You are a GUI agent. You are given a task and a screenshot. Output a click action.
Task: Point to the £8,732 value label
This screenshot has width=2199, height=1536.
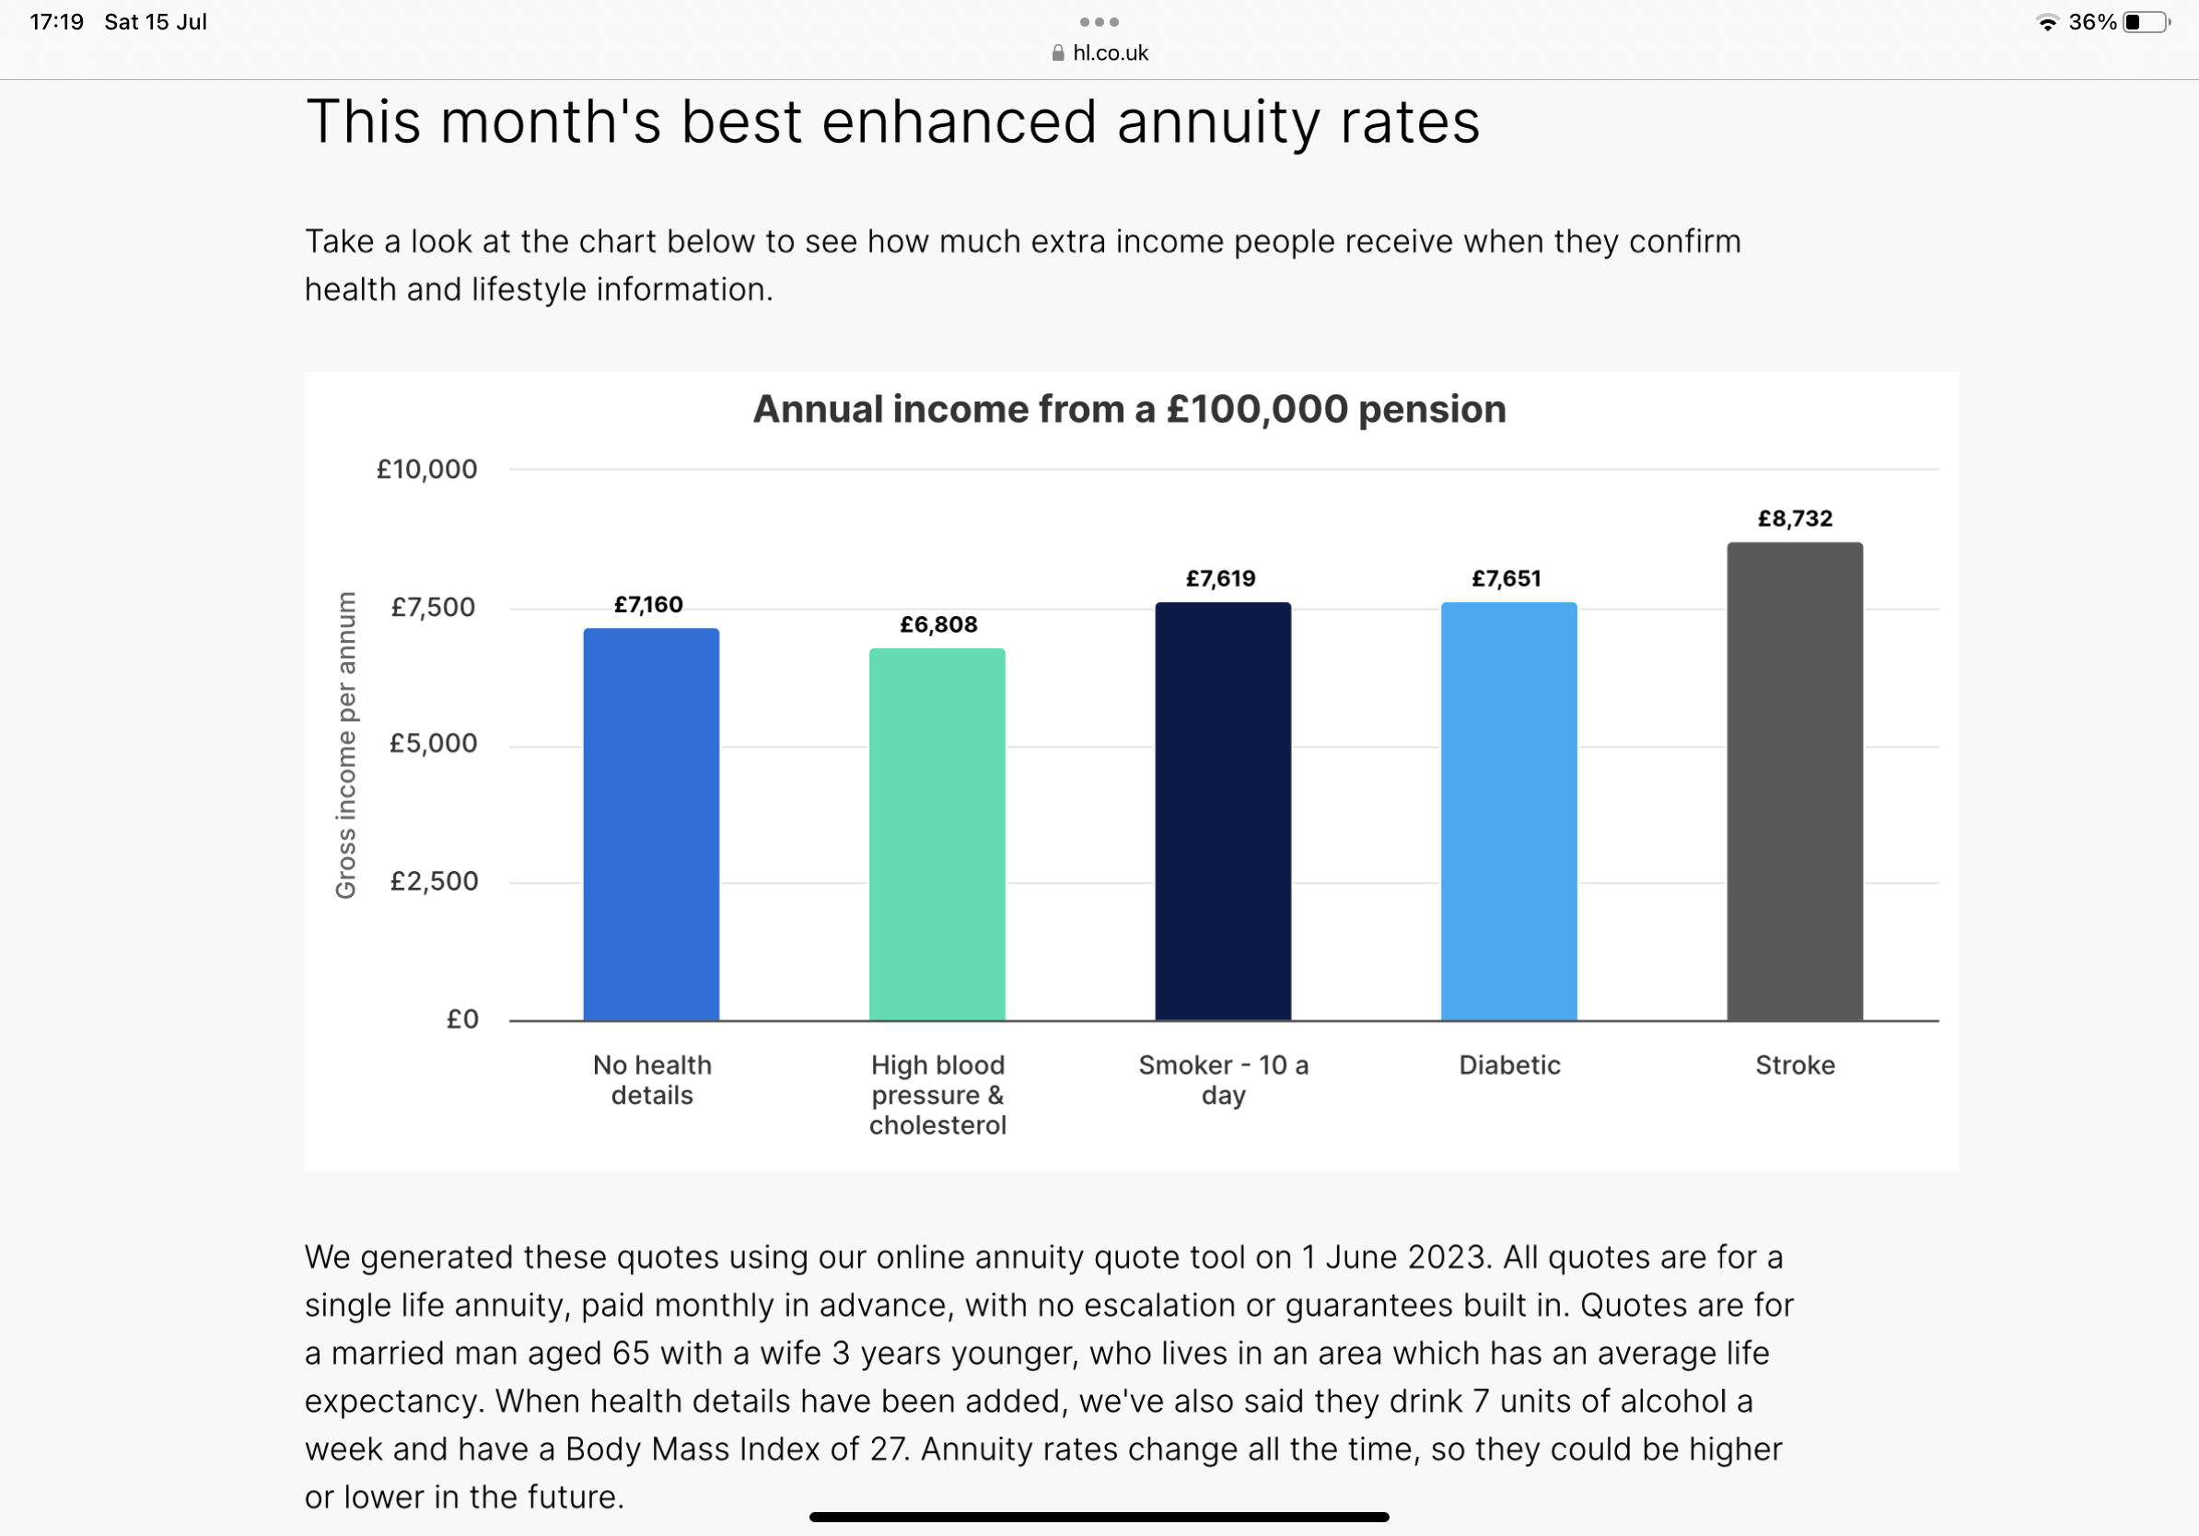click(1794, 518)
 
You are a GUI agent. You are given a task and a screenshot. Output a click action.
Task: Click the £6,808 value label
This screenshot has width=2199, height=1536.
click(937, 624)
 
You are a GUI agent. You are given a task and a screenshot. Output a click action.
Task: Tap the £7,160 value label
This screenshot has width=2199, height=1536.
click(648, 604)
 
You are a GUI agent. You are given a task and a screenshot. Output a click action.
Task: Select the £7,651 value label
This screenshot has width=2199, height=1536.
click(1506, 578)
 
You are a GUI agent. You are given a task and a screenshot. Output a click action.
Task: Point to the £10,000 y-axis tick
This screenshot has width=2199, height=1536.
click(426, 470)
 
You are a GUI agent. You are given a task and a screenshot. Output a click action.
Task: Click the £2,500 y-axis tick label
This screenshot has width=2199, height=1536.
click(433, 881)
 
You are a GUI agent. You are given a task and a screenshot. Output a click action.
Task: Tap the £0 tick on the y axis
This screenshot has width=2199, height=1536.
click(461, 1018)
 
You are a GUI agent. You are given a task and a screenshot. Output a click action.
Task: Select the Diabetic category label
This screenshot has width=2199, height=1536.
click(1508, 1065)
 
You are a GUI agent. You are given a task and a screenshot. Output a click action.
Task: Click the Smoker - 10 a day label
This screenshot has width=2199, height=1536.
click(1223, 1079)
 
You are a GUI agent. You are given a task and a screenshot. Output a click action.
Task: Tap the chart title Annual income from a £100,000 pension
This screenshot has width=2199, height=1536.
click(1128, 409)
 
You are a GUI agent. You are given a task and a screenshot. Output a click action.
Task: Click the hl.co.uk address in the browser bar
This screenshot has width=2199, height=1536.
click(1109, 52)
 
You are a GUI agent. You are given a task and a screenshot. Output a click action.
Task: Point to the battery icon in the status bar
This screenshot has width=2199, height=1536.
click(2146, 22)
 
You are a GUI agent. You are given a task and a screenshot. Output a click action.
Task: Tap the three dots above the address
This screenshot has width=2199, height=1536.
click(1099, 22)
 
